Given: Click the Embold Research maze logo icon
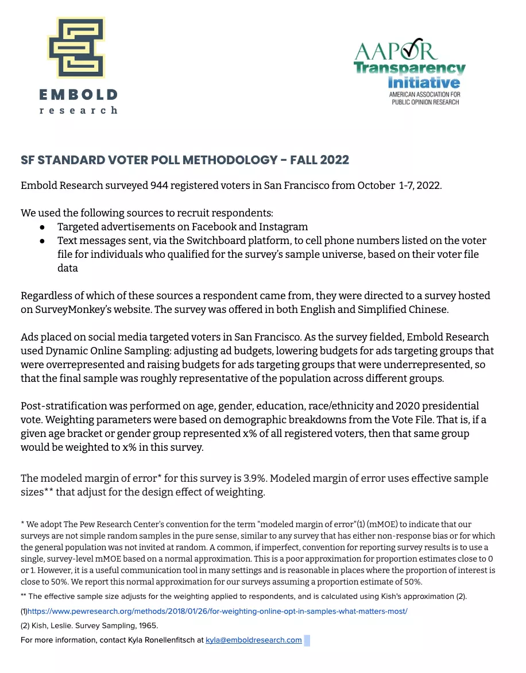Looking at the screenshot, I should click(76, 48).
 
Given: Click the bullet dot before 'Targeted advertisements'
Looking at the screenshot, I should click(42, 227).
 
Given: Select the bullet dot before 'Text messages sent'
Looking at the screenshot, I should click(42, 241).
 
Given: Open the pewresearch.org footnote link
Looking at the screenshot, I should click(218, 612).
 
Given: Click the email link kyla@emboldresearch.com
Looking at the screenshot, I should click(253, 640).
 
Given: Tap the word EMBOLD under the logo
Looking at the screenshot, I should click(79, 94).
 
